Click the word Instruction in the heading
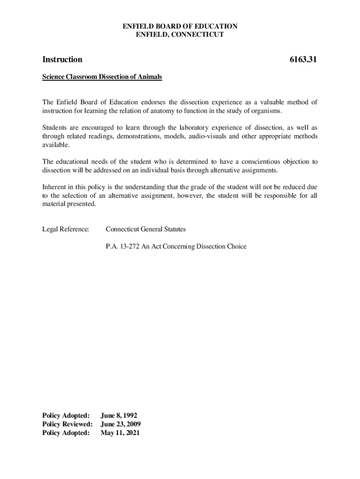62,59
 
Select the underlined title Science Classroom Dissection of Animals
102,77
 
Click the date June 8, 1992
119,415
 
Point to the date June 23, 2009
121,424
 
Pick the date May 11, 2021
120,433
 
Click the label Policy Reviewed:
67,424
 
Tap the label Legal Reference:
65,229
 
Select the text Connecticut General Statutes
145,229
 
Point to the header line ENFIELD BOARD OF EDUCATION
180,26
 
